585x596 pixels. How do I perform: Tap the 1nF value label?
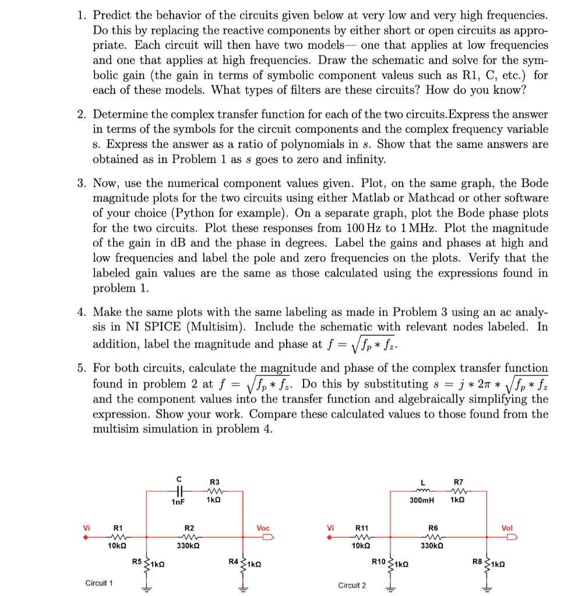point(179,501)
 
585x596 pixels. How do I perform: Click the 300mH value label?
point(422,501)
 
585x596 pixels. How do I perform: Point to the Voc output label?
point(263,528)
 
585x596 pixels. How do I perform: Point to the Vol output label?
point(507,528)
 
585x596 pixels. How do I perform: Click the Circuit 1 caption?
point(99,582)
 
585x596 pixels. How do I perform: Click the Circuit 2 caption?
point(352,584)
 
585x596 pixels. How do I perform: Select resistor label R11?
point(362,528)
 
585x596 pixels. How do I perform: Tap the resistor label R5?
point(138,562)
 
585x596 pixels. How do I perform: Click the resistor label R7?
point(458,481)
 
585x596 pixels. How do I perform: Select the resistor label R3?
point(214,481)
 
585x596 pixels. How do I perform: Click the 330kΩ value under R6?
point(433,546)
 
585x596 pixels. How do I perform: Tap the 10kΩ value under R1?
point(118,546)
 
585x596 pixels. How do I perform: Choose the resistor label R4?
point(234,562)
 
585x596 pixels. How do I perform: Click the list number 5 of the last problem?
point(82,368)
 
